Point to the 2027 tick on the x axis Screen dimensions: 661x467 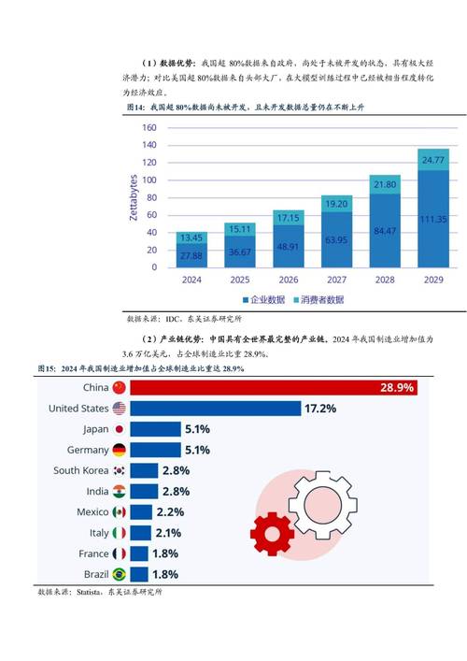point(336,279)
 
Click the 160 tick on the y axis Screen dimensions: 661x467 point(149,129)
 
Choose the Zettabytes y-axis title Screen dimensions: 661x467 point(134,197)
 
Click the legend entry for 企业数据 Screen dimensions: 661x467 point(268,300)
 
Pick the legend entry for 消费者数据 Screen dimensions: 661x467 point(318,300)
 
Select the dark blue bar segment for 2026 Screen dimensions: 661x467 point(288,247)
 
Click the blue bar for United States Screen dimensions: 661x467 point(215,409)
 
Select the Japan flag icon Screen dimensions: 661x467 point(119,429)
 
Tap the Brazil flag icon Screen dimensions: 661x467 point(119,574)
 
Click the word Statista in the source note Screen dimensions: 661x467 point(92,592)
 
